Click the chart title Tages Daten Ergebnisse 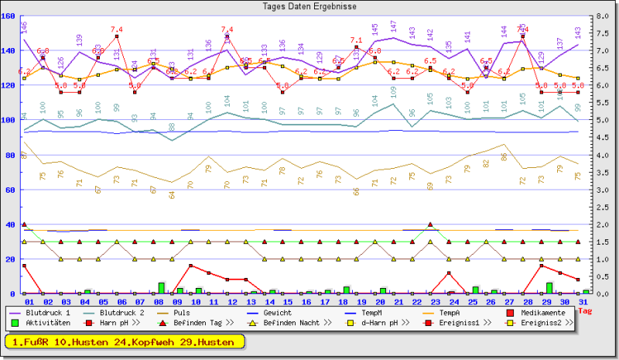309,5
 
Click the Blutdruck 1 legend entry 47,313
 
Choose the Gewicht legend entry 278,313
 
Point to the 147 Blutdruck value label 394,26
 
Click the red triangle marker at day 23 430,225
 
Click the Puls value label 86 504,156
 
